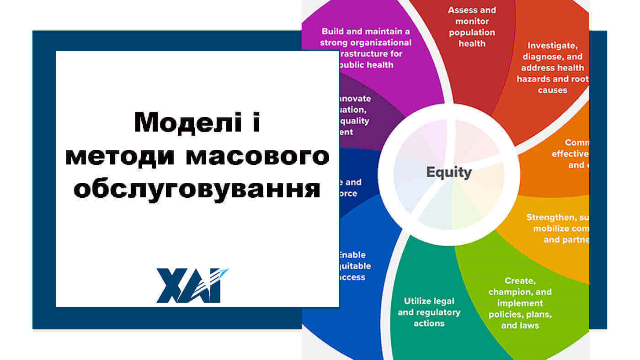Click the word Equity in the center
click(x=448, y=172)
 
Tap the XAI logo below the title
click(x=192, y=286)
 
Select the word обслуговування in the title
click(x=197, y=189)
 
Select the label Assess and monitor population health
click(x=472, y=27)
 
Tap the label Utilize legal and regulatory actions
click(x=429, y=312)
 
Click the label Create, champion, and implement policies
click(x=520, y=303)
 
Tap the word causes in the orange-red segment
click(x=553, y=90)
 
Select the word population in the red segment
click(x=472, y=32)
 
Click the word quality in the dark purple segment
click(x=356, y=121)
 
